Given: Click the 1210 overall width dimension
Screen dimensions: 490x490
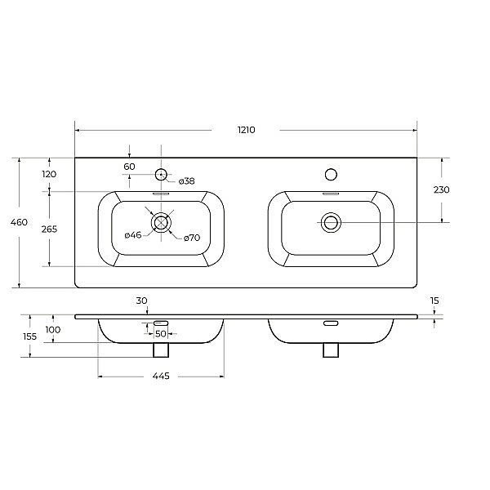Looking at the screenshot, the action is coord(247,130).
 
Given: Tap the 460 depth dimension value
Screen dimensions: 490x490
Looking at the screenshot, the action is coord(19,222).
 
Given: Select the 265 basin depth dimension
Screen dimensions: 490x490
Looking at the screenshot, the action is coord(49,229).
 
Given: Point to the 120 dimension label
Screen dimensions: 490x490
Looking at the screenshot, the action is coord(49,174).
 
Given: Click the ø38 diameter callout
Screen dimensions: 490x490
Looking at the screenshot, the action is coord(186,181).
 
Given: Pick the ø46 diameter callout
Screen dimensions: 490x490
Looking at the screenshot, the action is coord(133,235).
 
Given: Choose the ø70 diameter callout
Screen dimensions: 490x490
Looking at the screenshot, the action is coord(192,238).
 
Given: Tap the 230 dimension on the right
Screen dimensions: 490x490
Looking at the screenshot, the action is coord(442,189).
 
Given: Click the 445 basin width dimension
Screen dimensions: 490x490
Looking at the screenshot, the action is coord(161,376).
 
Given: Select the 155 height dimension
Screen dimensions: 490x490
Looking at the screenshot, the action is coord(29,336).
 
